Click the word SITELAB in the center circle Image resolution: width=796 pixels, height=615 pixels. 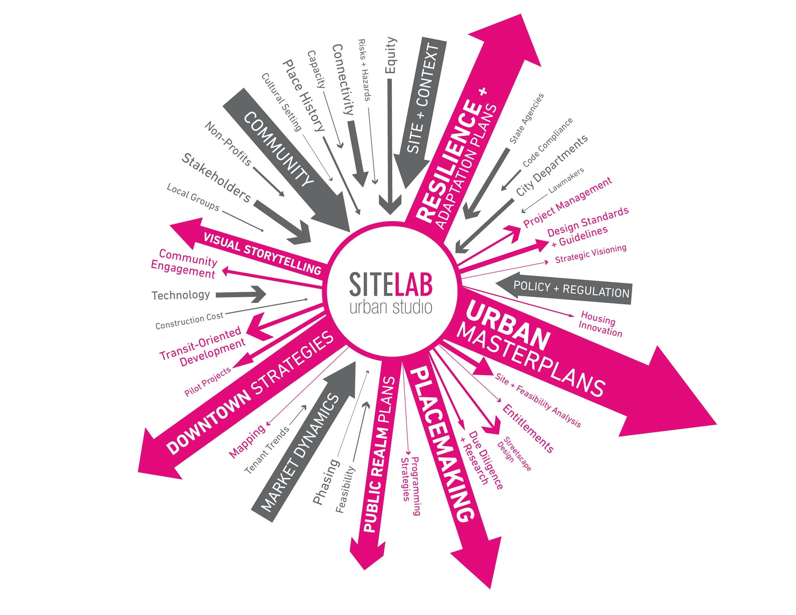pos(391,284)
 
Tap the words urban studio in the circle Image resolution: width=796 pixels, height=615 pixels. pos(391,307)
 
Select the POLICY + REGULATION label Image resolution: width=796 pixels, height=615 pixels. pos(571,289)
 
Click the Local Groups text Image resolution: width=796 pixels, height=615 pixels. pos(193,197)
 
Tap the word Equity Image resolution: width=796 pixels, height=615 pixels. pos(391,55)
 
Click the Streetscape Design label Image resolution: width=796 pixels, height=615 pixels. pos(514,454)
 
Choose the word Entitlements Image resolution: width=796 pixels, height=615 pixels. pos(528,428)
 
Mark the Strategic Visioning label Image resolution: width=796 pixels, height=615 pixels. pos(590,254)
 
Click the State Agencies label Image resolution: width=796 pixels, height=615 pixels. pos(526,118)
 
